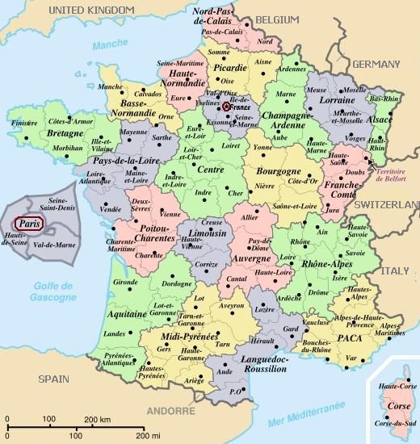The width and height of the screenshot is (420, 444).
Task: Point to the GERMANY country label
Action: coord(376,64)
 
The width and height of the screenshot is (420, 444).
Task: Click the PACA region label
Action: coord(350,337)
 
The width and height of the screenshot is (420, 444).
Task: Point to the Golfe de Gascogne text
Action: coord(54,293)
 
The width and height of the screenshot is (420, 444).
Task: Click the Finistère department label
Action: coord(25,123)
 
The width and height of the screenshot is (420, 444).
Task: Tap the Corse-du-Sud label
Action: coord(391,424)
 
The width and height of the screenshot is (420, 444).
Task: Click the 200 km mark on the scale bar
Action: coord(98,418)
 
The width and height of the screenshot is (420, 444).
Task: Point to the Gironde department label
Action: coord(126,282)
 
